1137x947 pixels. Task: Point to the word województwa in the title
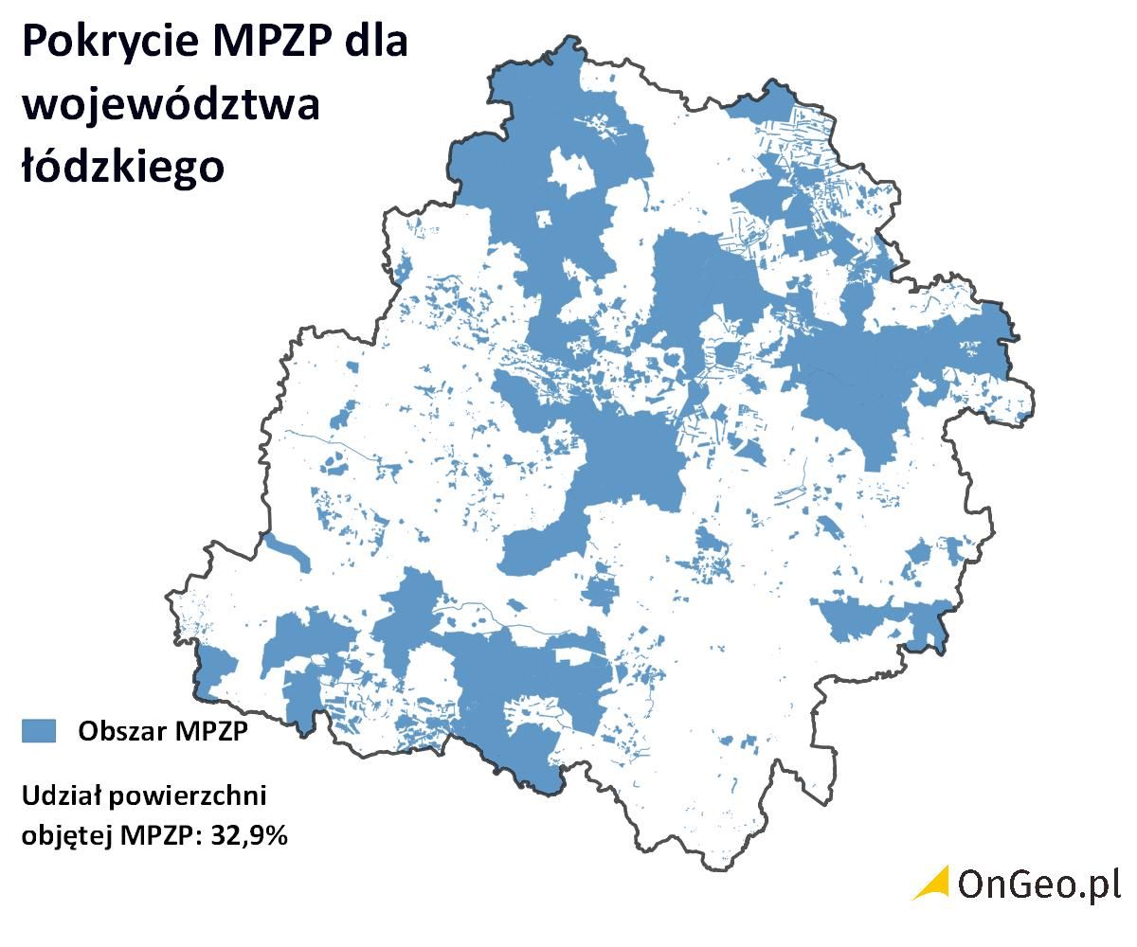point(171,106)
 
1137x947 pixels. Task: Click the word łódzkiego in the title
point(123,167)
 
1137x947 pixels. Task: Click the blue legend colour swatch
point(39,730)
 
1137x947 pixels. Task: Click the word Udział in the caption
point(57,795)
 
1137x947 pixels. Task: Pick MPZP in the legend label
point(207,731)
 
